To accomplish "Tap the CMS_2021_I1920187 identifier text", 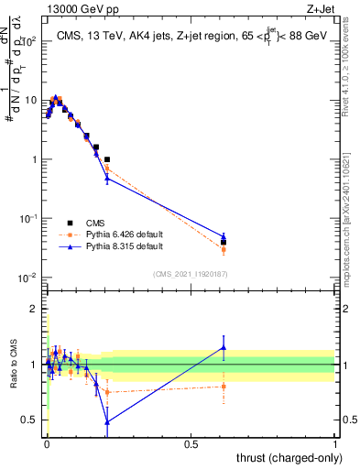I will click(x=191, y=274).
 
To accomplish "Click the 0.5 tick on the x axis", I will click(x=191, y=444).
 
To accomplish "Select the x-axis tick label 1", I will click(x=334, y=444).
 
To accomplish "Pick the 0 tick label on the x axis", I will click(x=47, y=444).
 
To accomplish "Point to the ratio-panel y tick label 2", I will click(x=33, y=309).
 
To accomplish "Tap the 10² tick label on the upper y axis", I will click(x=30, y=41).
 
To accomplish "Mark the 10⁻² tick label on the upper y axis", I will click(x=30, y=278).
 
